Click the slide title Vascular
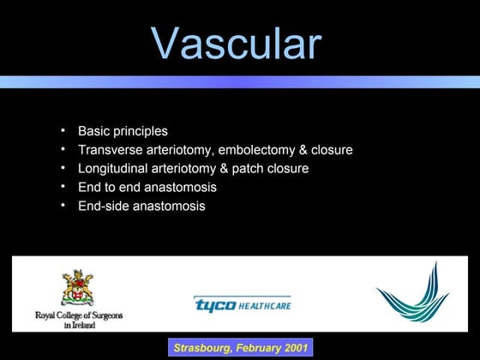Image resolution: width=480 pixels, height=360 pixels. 237,43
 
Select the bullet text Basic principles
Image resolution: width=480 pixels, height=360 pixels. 123,131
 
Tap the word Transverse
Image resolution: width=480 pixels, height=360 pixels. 109,150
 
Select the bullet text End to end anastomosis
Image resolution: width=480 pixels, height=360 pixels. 147,187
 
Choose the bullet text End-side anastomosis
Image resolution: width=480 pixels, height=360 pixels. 141,206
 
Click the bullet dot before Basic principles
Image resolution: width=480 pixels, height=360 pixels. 63,131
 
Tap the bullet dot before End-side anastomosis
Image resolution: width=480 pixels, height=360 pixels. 63,206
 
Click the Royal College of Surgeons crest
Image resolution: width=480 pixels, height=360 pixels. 77,287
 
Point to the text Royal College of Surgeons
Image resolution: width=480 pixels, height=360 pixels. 78,315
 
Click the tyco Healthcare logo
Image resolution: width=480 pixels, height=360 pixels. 242,304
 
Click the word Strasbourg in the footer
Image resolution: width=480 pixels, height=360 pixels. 203,348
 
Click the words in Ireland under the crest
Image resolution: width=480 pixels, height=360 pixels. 78,324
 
